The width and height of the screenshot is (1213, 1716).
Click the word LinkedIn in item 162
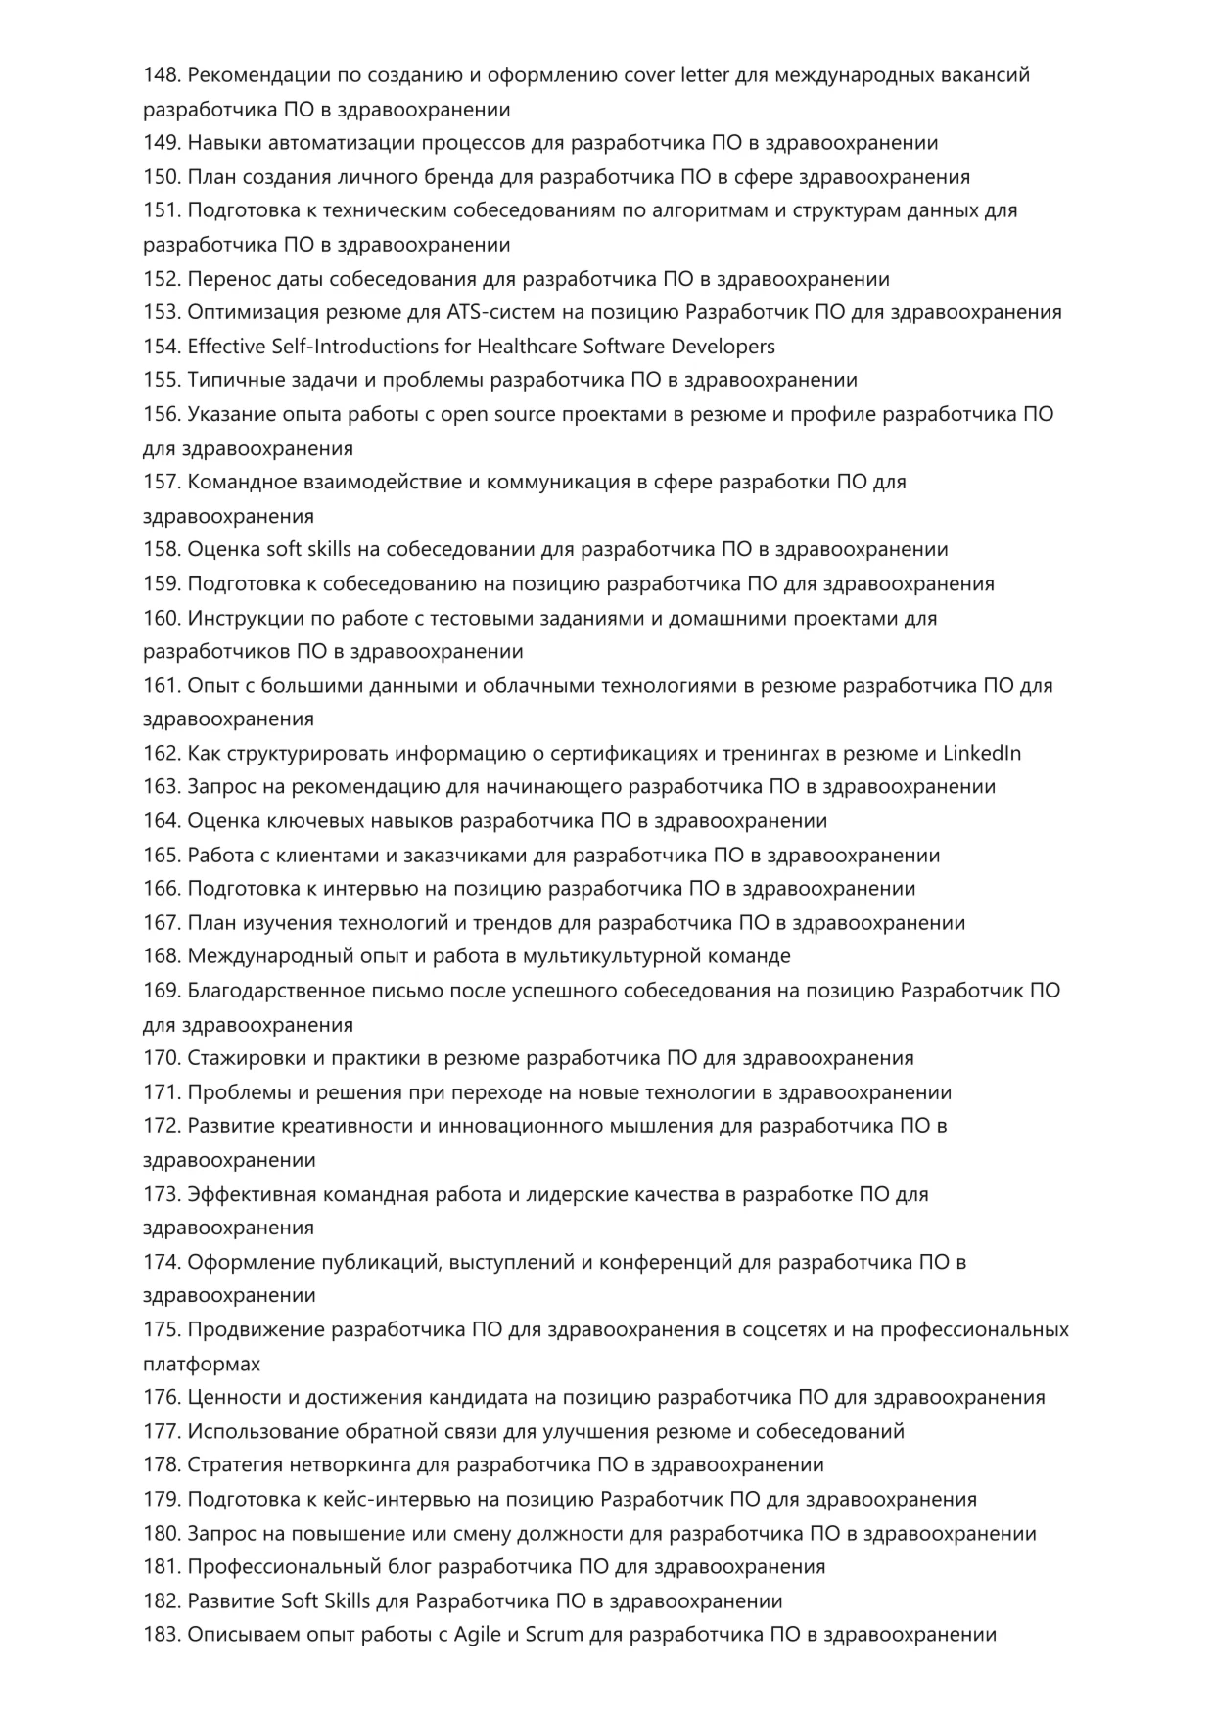click(982, 754)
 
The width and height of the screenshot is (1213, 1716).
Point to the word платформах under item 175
click(202, 1364)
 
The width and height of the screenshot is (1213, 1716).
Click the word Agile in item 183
click(476, 1635)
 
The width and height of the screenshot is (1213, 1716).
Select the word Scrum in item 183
click(554, 1635)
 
